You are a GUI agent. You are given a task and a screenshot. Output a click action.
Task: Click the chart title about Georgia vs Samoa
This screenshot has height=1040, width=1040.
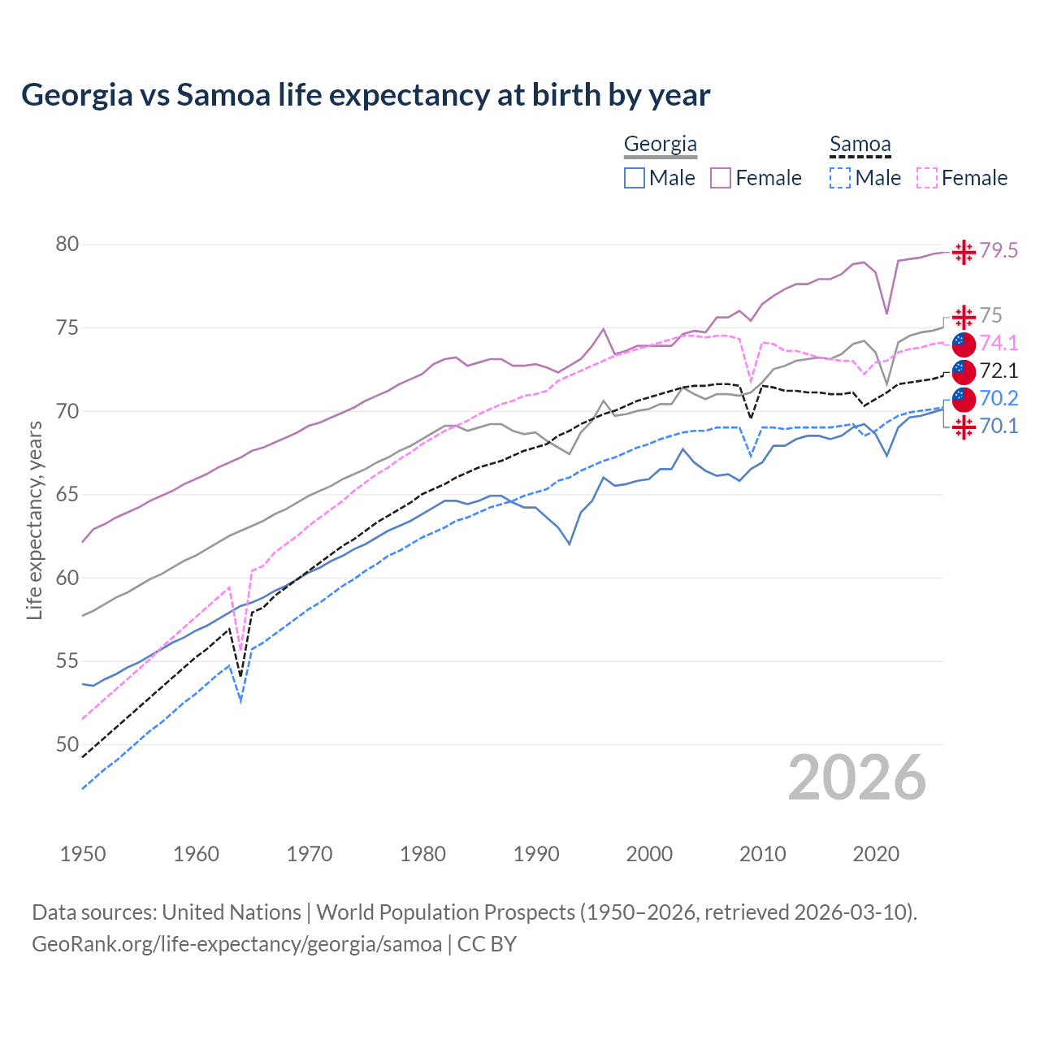[x=366, y=95]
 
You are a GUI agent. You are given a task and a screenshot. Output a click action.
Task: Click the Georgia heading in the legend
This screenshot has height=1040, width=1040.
[x=660, y=145]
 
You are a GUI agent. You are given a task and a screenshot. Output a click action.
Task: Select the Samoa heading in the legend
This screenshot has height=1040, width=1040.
[x=860, y=145]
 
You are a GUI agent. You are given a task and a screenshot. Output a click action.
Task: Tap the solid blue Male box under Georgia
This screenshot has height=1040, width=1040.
[x=635, y=178]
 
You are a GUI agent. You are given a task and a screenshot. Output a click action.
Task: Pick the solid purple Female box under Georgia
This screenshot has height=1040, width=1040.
[x=721, y=178]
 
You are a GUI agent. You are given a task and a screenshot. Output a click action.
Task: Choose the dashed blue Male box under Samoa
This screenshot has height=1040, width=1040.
[x=840, y=178]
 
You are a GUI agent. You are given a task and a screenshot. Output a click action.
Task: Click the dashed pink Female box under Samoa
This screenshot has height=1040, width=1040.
[x=927, y=178]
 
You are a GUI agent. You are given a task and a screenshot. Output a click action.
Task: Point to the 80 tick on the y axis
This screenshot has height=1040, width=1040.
[x=67, y=245]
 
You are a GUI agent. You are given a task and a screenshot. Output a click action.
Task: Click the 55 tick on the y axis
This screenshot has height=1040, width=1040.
[x=67, y=661]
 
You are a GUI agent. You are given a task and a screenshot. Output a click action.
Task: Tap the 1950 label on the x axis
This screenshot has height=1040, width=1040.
[x=83, y=854]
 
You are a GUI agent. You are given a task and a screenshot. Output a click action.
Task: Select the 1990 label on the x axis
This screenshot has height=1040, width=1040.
[x=536, y=854]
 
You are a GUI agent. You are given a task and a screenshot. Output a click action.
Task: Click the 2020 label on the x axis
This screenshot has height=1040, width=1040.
[x=876, y=854]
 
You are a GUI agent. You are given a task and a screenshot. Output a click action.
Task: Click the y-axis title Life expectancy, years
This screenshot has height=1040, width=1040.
[x=34, y=520]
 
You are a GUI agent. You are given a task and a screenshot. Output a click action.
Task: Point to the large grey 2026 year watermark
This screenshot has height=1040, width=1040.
[x=856, y=778]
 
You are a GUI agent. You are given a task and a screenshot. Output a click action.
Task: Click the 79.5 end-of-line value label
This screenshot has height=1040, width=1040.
[x=999, y=251]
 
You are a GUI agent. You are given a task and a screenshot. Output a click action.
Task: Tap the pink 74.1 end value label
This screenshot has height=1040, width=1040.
[x=999, y=344]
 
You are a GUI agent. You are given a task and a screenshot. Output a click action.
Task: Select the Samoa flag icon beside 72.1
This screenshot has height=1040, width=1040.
[x=964, y=372]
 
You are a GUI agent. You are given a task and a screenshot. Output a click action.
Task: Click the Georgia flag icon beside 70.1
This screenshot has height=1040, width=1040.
[x=964, y=427]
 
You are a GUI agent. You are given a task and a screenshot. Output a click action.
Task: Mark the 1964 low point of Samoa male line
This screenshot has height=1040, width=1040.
[x=240, y=700]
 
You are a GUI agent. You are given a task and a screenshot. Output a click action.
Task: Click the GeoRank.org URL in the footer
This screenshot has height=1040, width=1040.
[x=236, y=944]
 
